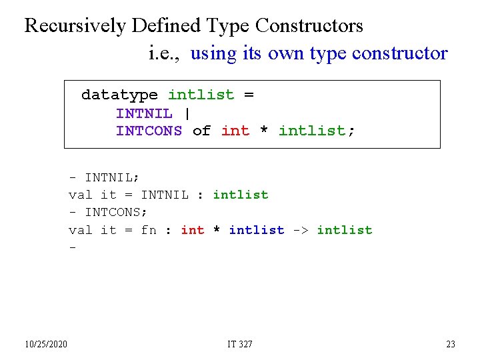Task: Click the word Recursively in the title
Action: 75,26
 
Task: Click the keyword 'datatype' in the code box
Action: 119,95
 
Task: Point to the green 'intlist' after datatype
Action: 201,95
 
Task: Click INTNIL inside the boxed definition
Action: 144,113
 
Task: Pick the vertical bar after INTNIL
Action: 185,113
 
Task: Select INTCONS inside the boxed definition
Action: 149,131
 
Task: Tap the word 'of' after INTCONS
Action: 201,131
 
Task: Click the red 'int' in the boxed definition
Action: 235,131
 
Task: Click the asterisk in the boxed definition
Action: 264,131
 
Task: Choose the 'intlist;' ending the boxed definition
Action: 317,131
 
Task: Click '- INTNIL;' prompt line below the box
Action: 104,177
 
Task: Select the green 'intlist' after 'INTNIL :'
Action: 240,195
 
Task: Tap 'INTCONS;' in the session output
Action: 116,213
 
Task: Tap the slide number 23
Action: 451,344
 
